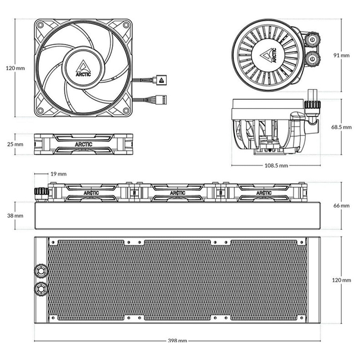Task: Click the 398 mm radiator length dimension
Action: (x=177, y=340)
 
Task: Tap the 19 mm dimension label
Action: (x=58, y=174)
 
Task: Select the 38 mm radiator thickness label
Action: (x=15, y=216)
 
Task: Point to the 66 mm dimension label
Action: (x=341, y=206)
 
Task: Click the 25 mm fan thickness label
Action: (x=15, y=144)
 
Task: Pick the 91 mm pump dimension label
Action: (x=341, y=55)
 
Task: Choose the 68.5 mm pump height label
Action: (x=341, y=127)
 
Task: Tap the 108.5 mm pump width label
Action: (x=276, y=165)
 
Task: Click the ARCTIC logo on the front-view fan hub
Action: (x=83, y=68)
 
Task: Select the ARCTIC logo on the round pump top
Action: (x=268, y=55)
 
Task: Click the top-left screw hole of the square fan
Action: (x=41, y=25)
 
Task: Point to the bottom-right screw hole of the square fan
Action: (x=126, y=111)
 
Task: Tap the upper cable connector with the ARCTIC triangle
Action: (x=161, y=80)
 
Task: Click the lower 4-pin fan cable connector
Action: (x=161, y=100)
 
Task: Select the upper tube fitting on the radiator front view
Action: (x=41, y=271)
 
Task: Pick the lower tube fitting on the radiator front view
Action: (x=41, y=288)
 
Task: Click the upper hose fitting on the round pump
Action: (x=312, y=40)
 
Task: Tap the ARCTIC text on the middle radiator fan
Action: (x=177, y=193)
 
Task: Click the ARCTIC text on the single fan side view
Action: (x=83, y=144)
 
